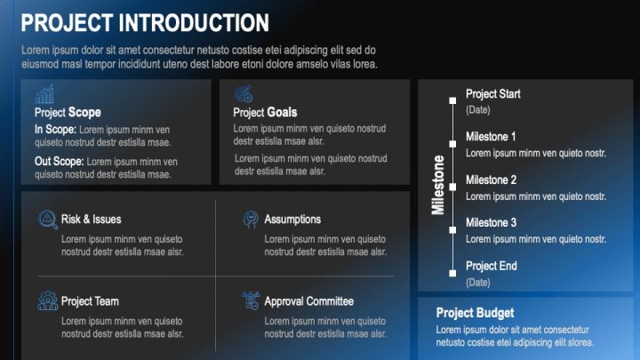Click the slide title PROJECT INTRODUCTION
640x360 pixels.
pos(144,23)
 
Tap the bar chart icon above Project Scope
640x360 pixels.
pos(44,94)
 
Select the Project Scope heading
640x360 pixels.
pos(68,113)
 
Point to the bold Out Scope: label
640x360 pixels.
pos(60,162)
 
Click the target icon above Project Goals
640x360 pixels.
pos(244,94)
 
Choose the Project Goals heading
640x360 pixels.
pos(265,113)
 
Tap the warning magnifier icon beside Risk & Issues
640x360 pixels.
pos(47,220)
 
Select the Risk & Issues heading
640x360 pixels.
pos(92,220)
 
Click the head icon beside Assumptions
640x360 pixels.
pos(250,220)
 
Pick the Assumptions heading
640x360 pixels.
pos(292,220)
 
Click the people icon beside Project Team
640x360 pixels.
pos(47,301)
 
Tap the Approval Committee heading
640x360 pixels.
pos(308,301)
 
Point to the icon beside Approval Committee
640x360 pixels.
pos(250,301)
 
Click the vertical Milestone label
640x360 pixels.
pos(438,185)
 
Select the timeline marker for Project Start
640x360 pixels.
pos(453,95)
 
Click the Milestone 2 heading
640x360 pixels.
pos(491,180)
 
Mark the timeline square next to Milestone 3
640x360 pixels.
pos(453,230)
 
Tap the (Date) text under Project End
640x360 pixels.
pos(478,282)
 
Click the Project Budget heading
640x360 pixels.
pos(475,313)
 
